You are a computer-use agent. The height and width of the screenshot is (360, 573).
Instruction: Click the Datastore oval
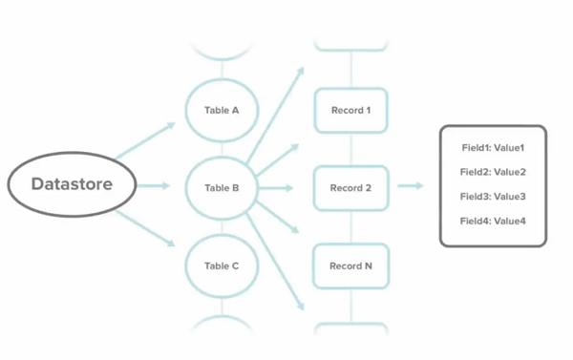(x=72, y=184)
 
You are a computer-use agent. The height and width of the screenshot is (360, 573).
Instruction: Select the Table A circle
(x=222, y=111)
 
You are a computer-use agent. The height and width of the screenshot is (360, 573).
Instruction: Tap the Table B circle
(x=222, y=188)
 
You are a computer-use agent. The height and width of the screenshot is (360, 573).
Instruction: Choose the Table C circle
(x=222, y=266)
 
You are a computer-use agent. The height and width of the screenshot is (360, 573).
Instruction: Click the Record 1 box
(x=350, y=111)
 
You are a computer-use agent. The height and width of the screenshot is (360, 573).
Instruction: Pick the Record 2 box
(x=350, y=188)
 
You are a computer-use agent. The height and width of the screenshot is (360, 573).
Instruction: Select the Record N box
(x=350, y=266)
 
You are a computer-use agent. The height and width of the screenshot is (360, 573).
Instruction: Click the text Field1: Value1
(x=493, y=148)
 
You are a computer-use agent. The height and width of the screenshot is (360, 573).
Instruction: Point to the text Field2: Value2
(x=493, y=173)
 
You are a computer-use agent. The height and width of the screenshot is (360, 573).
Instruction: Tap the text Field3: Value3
(x=493, y=197)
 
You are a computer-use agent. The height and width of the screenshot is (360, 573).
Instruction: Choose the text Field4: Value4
(x=493, y=222)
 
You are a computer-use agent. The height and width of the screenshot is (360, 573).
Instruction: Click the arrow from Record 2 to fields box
(x=411, y=186)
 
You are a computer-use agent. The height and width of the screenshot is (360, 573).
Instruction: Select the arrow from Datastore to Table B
(x=155, y=185)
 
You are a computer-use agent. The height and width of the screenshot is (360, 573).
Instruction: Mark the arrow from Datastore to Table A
(x=145, y=139)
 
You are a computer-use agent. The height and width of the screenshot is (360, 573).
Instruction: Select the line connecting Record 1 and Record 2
(x=350, y=149)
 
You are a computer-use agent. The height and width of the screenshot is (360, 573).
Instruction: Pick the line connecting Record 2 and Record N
(x=350, y=227)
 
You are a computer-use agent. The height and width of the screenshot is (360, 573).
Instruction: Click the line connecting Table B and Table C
(x=222, y=227)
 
